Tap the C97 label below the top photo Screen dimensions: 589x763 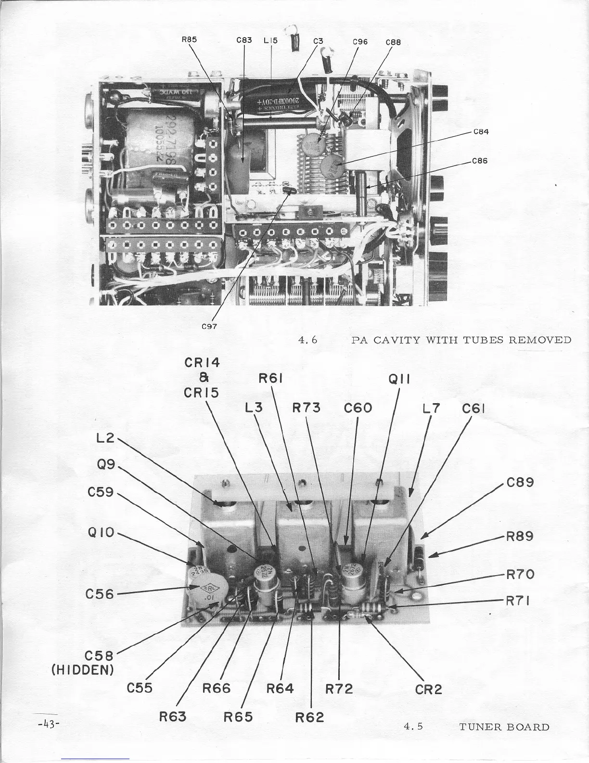tap(209, 326)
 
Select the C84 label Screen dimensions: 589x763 tap(481, 132)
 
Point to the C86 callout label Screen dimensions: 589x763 tap(481, 161)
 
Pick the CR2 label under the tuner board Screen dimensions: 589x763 tap(428, 689)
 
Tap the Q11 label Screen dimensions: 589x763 tap(398, 380)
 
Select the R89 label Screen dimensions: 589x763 tap(520, 537)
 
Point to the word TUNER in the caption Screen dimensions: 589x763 tap(481, 727)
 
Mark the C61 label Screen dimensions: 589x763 tap(473, 409)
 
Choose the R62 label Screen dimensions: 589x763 tap(310, 717)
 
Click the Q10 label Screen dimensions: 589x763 tap(101, 533)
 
